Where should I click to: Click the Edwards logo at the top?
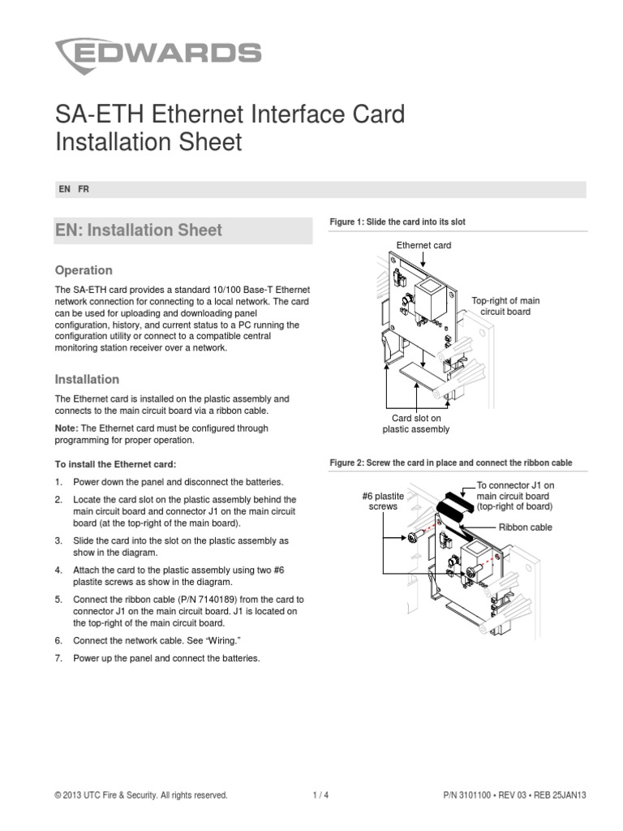157,54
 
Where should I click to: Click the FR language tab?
84,189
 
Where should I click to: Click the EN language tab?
64,189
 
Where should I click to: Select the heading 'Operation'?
83,270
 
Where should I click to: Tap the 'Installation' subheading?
86,379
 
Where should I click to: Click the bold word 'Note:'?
67,428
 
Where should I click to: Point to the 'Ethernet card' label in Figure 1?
423,245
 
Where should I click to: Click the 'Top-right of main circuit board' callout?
505,306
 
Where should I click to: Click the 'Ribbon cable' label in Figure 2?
525,527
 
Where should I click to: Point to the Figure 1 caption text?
397,222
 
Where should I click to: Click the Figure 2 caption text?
450,463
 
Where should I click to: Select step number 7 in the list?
58,658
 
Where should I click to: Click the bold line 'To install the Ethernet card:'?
115,464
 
